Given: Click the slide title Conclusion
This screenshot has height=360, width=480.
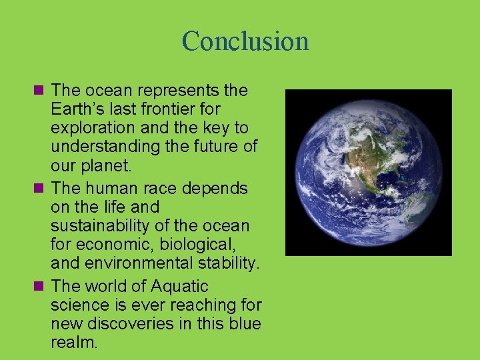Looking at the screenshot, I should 245,41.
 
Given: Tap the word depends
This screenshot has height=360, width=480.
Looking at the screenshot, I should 215,189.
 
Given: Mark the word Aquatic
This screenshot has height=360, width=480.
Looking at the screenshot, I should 180,287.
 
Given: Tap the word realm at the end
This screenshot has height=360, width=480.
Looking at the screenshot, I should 73,343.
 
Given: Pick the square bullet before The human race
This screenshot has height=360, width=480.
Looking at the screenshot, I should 39,189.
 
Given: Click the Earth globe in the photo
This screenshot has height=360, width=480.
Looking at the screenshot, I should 369,173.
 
